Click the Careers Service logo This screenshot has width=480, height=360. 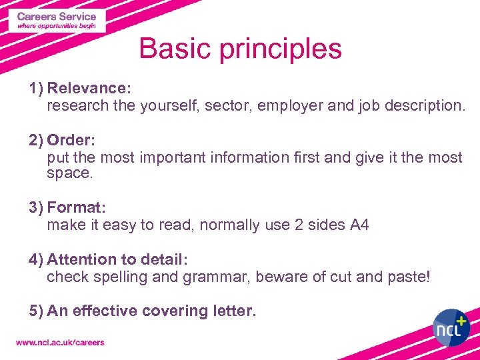(57, 20)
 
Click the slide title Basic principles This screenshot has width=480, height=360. (240, 49)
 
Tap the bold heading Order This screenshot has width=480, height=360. (71, 141)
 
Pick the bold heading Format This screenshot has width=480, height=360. (75, 207)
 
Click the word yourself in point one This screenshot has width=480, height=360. (169, 105)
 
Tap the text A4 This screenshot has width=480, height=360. (359, 225)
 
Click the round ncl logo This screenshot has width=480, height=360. (451, 327)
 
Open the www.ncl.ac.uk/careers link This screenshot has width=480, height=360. (60, 343)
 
